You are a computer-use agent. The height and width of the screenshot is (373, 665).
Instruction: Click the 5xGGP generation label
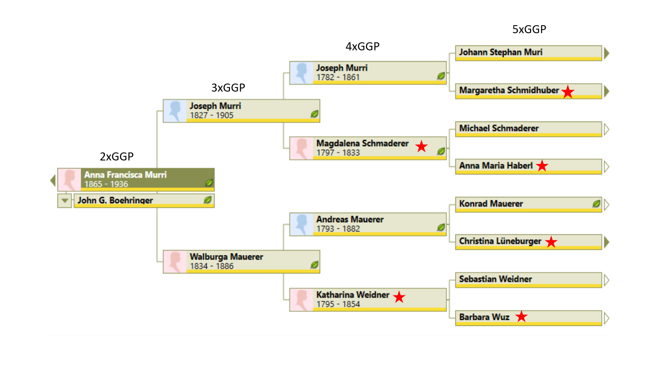click(x=529, y=29)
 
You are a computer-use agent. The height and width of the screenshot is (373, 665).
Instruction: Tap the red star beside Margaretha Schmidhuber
click(x=568, y=92)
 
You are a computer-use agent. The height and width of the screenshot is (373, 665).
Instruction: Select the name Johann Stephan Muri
click(x=500, y=52)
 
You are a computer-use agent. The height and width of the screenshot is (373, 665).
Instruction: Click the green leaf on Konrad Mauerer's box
click(x=596, y=204)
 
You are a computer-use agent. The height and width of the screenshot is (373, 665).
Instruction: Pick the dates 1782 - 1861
click(x=338, y=77)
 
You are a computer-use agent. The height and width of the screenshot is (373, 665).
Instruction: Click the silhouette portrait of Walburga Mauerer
click(x=175, y=261)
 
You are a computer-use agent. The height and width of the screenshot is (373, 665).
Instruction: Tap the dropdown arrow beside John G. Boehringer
click(x=65, y=201)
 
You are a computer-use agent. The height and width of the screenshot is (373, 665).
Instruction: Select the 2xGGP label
click(x=116, y=157)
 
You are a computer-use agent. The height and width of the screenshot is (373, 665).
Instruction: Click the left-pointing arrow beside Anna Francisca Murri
click(x=53, y=180)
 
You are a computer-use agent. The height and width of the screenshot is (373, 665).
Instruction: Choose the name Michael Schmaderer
click(x=499, y=128)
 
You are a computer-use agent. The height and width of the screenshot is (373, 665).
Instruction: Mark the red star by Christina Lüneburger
click(x=551, y=242)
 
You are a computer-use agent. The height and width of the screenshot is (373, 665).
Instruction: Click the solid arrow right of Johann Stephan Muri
click(x=607, y=53)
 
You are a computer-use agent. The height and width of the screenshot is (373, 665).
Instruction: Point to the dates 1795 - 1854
click(x=338, y=304)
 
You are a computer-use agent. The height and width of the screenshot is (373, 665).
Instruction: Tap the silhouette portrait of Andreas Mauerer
click(x=301, y=224)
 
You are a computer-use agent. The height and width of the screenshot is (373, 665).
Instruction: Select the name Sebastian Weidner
click(x=495, y=279)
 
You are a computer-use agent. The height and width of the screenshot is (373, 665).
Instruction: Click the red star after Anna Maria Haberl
click(x=542, y=166)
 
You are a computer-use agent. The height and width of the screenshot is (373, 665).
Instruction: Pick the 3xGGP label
click(x=228, y=88)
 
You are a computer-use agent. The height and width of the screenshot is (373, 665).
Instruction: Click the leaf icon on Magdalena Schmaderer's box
click(x=441, y=151)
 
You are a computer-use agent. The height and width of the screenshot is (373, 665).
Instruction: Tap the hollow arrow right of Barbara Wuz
click(x=607, y=318)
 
